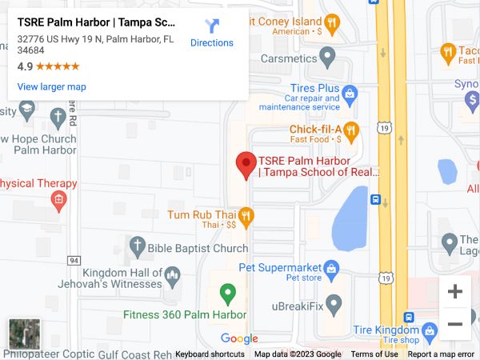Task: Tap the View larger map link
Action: [51, 86]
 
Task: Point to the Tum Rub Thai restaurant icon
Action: [246, 214]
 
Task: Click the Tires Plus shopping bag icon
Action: [350, 93]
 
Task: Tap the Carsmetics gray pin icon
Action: [327, 57]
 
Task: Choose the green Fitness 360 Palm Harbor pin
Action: [228, 294]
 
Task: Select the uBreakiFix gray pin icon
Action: [334, 303]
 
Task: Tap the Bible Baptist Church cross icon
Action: [137, 246]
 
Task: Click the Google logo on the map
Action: [239, 338]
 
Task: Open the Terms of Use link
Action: [374, 354]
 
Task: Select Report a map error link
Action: [441, 354]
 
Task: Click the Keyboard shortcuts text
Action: [210, 354]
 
